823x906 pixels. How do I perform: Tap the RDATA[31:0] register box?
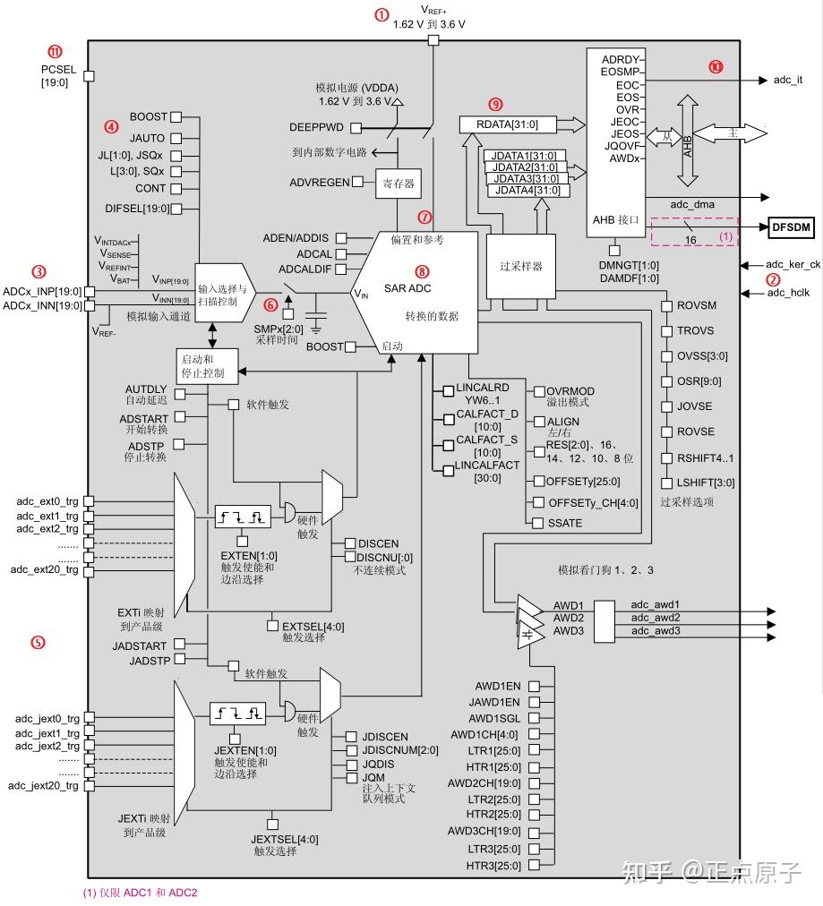[509, 124]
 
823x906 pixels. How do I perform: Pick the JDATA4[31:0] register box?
[527, 190]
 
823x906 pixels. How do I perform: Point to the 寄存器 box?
[398, 184]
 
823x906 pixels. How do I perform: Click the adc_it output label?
[787, 80]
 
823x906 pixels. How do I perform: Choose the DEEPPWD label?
[318, 127]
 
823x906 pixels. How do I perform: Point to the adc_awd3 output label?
[655, 631]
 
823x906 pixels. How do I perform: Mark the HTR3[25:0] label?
[493, 866]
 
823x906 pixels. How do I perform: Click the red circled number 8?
[422, 270]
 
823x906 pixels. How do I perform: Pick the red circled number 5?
[38, 642]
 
